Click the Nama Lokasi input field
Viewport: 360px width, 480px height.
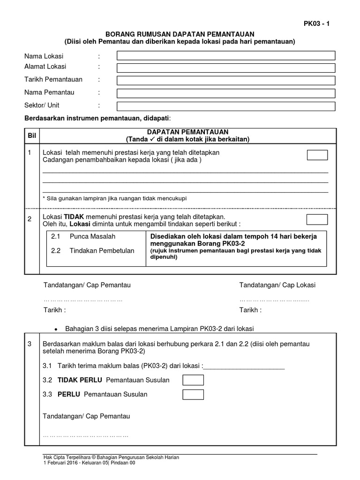point(226,56)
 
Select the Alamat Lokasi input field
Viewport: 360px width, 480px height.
point(226,68)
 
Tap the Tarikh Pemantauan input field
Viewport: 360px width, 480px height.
point(226,81)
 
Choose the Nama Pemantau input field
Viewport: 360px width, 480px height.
point(226,93)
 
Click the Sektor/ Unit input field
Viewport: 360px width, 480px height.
point(226,106)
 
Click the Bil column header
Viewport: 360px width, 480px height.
point(32,135)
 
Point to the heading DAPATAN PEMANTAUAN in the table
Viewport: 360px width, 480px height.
point(187,132)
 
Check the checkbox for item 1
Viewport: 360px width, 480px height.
point(317,155)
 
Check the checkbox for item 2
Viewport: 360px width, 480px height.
point(317,219)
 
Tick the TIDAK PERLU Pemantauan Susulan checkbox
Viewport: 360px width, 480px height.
point(193,380)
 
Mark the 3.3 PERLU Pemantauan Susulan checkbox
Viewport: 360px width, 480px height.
point(193,394)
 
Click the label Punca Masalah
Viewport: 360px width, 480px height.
point(92,237)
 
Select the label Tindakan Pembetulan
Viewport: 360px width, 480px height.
point(102,251)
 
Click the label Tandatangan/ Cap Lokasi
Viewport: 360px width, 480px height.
point(277,285)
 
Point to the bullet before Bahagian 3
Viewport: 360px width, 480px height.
point(56,329)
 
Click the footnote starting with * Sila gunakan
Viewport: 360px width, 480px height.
point(114,198)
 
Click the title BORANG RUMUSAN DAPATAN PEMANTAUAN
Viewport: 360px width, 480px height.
point(180,34)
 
